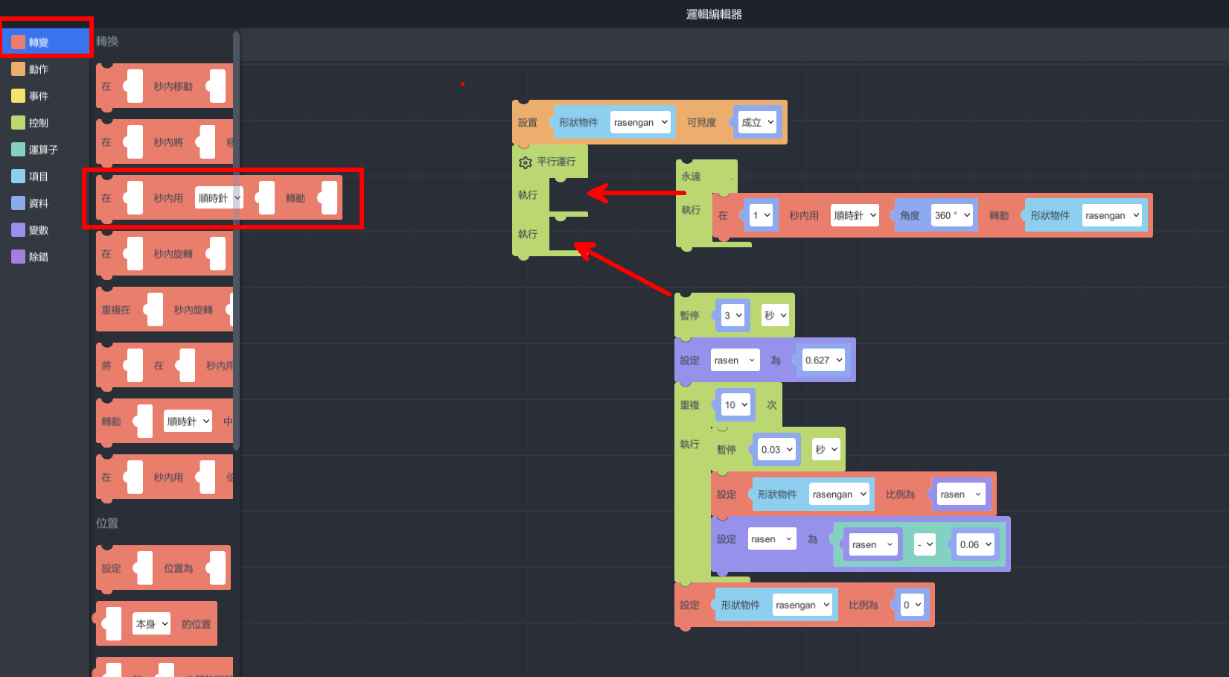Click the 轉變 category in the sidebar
pyautogui.click(x=38, y=42)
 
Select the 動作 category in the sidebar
pyautogui.click(x=38, y=69)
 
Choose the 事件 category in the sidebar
pyautogui.click(x=38, y=96)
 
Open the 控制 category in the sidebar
pyautogui.click(x=38, y=123)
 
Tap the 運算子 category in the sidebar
pyautogui.click(x=42, y=150)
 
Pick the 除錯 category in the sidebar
pyautogui.click(x=38, y=257)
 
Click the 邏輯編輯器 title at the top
pyautogui.click(x=713, y=14)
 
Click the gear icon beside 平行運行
pyautogui.click(x=525, y=162)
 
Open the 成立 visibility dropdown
pyautogui.click(x=757, y=122)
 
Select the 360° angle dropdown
pyautogui.click(x=952, y=215)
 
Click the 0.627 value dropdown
pyautogui.click(x=823, y=360)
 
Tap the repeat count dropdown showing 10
pyautogui.click(x=735, y=405)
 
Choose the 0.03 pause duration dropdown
pyautogui.click(x=776, y=450)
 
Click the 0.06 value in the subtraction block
pyautogui.click(x=975, y=544)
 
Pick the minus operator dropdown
pyautogui.click(x=925, y=544)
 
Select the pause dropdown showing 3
pyautogui.click(x=732, y=316)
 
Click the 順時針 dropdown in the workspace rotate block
pyautogui.click(x=855, y=215)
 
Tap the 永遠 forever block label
pyautogui.click(x=691, y=177)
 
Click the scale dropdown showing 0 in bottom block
pyautogui.click(x=912, y=605)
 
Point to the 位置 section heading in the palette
pyautogui.click(x=107, y=523)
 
